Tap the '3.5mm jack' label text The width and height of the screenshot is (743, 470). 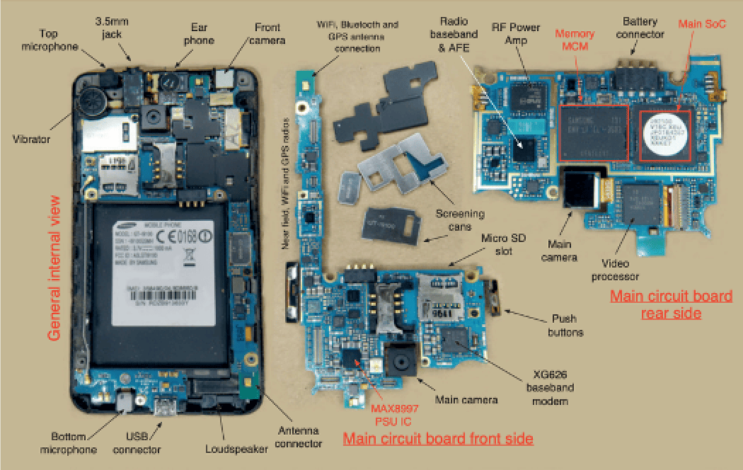(112, 28)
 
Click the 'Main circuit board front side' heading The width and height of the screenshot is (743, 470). (437, 439)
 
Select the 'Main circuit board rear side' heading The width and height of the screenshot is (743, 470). (670, 304)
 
